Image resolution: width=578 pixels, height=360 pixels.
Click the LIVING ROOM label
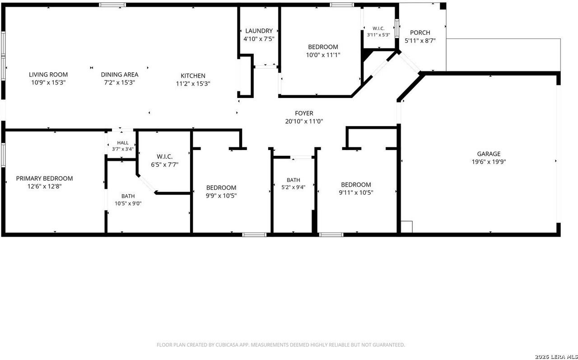pyautogui.click(x=48, y=75)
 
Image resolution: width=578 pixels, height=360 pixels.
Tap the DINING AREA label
pyautogui.click(x=120, y=75)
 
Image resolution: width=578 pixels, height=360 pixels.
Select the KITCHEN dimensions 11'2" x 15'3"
pyautogui.click(x=193, y=84)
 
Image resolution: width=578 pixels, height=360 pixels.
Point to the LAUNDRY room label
pyautogui.click(x=259, y=31)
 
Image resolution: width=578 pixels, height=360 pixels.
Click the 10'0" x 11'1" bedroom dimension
pyautogui.click(x=323, y=55)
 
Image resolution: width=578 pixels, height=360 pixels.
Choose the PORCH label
pyautogui.click(x=420, y=33)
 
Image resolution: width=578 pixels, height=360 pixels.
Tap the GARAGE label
pyautogui.click(x=489, y=154)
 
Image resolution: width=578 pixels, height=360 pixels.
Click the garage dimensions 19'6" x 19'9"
pyautogui.click(x=489, y=162)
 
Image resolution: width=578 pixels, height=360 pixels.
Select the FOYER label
pyautogui.click(x=304, y=113)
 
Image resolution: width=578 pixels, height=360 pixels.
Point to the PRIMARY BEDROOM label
pyautogui.click(x=44, y=178)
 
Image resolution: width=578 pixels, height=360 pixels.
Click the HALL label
pyautogui.click(x=123, y=143)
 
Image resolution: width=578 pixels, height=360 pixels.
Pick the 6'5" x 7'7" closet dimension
pyautogui.click(x=165, y=165)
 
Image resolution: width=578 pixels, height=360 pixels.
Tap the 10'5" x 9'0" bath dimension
pyautogui.click(x=128, y=203)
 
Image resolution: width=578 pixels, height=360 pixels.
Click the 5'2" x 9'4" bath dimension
pyautogui.click(x=294, y=187)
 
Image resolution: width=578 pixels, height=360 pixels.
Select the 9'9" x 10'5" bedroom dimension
pyautogui.click(x=221, y=196)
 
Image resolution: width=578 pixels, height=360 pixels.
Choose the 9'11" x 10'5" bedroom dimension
pyautogui.click(x=356, y=192)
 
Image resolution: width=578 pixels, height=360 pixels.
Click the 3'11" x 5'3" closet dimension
pyautogui.click(x=378, y=35)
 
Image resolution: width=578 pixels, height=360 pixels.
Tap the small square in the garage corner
pyautogui.click(x=407, y=227)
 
